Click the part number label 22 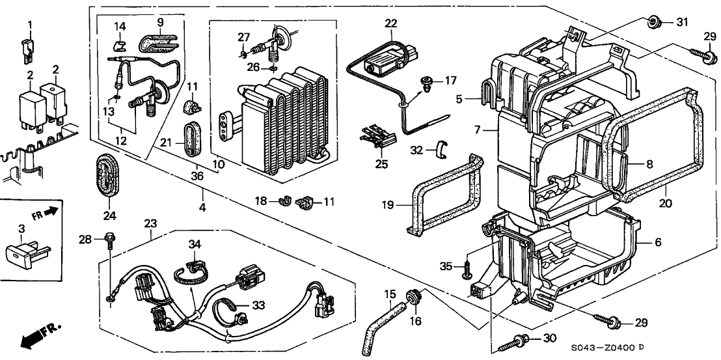coord(390,23)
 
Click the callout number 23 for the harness coord(152,223)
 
